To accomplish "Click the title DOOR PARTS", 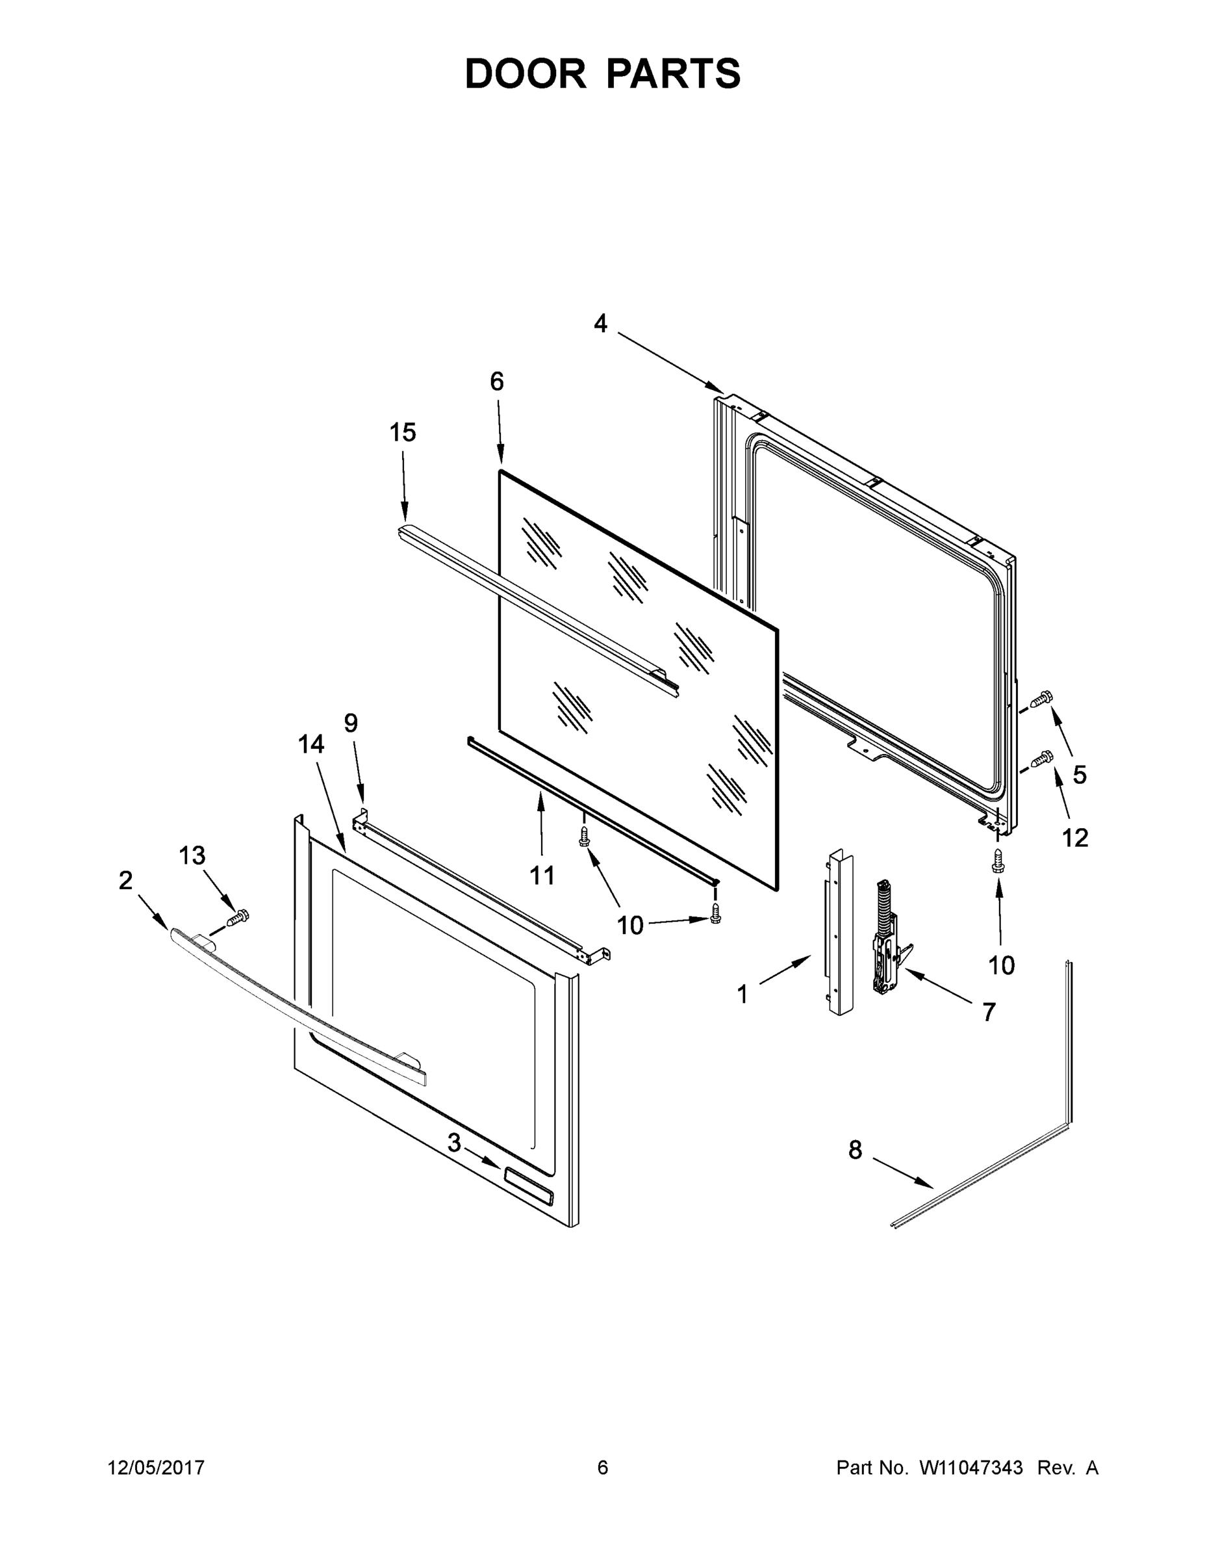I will (603, 74).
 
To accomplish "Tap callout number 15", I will (403, 432).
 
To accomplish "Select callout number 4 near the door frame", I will (600, 324).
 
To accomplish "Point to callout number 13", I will (192, 855).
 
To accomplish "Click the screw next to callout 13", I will (238, 917).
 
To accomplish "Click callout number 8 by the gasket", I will (854, 1150).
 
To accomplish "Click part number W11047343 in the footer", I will (971, 1468).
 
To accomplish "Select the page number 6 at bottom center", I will (603, 1468).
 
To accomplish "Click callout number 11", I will (542, 875).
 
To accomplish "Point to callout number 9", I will (351, 723).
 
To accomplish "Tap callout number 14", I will (311, 744).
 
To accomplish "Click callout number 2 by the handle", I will (125, 881).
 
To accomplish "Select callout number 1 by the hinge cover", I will (742, 994).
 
